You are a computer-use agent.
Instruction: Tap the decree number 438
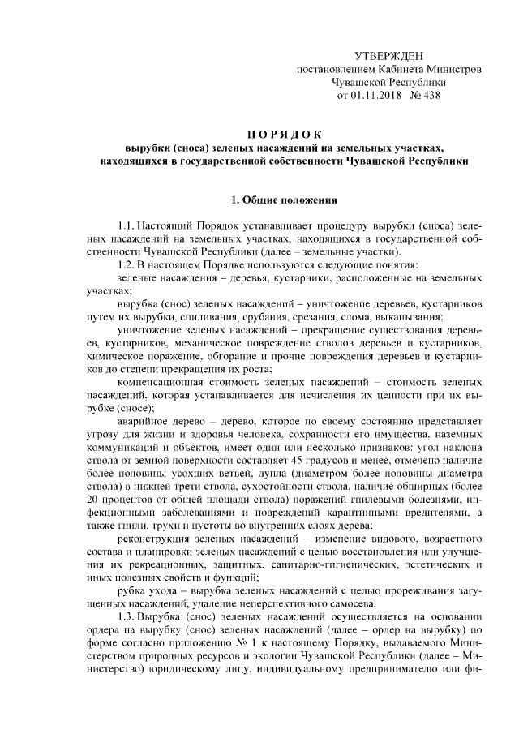(444, 96)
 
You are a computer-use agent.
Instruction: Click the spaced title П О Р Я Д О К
(285, 134)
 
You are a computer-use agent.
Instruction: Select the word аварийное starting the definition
(144, 420)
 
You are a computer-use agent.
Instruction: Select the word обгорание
(221, 357)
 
